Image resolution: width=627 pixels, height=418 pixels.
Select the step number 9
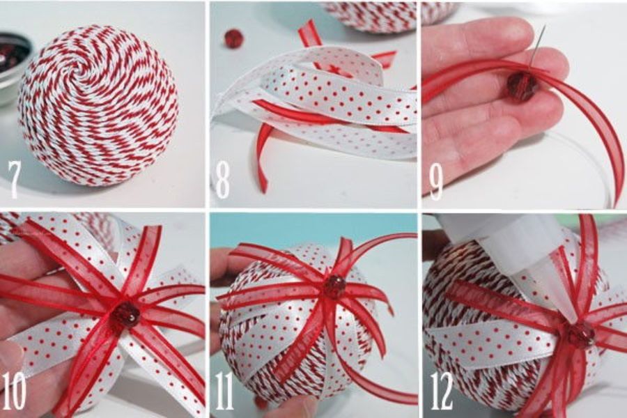436,181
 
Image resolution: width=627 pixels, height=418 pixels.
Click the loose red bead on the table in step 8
231,38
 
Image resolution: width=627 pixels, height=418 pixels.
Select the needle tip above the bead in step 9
544,26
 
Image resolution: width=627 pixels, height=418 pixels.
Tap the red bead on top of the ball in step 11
335,286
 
